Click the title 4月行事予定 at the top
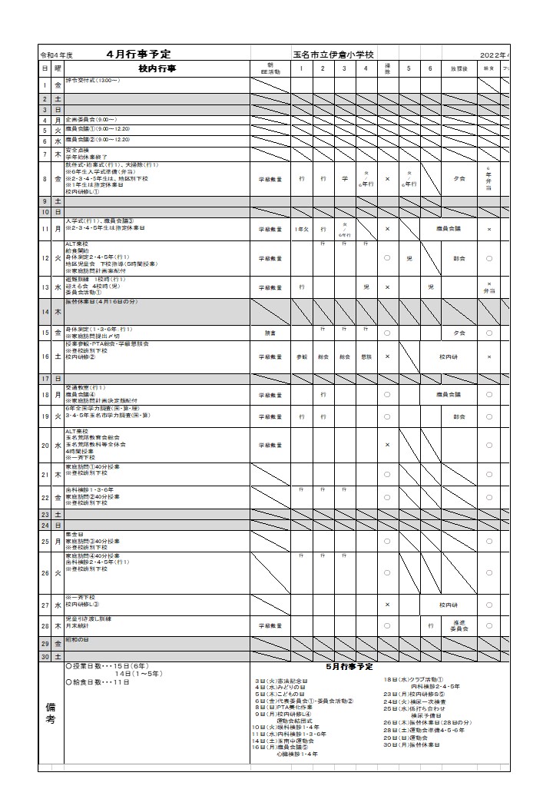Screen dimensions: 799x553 click(x=139, y=55)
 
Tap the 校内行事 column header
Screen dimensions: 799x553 click(x=157, y=68)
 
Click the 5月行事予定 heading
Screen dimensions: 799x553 click(x=349, y=667)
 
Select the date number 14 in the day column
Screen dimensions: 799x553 click(x=45, y=312)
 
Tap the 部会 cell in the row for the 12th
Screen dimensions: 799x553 click(x=459, y=258)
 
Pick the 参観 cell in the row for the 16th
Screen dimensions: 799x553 click(x=301, y=356)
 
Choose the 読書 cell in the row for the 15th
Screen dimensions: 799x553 click(x=270, y=333)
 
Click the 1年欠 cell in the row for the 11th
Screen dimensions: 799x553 click(x=301, y=229)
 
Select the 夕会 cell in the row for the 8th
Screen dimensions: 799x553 click(x=459, y=178)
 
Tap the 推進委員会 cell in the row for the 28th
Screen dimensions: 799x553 click(x=459, y=626)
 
